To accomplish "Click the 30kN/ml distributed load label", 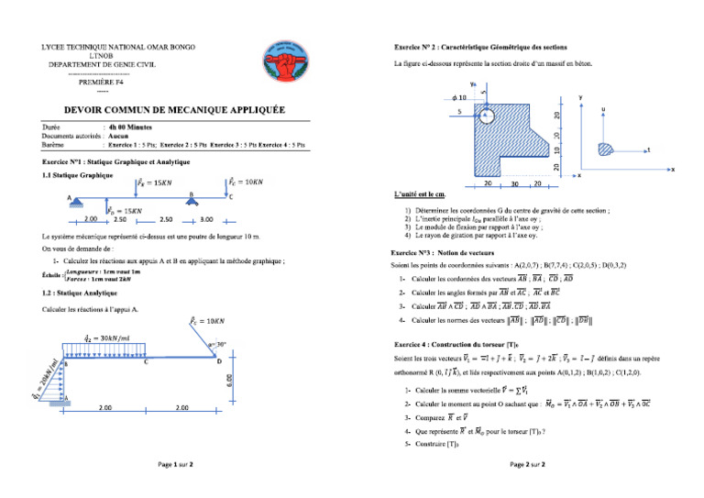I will coord(103,336).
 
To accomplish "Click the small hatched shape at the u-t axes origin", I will coord(604,148).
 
